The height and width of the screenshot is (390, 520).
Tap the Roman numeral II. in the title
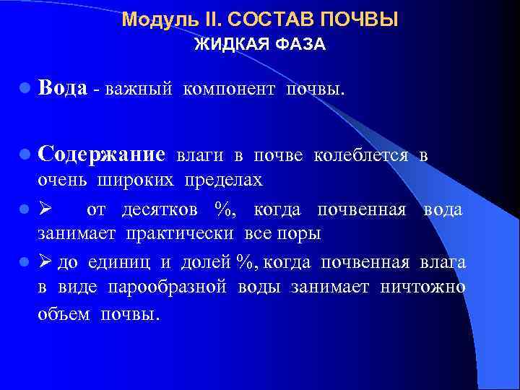[x=199, y=19]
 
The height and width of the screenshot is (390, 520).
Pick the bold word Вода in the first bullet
[x=64, y=88]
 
